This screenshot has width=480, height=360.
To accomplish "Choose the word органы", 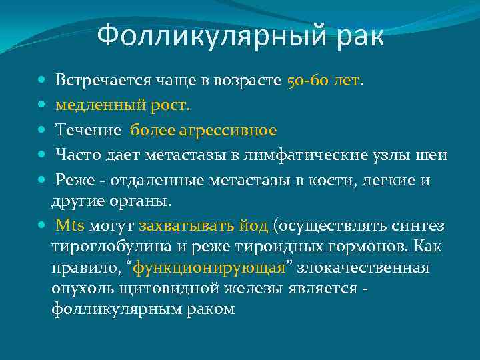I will [x=143, y=201].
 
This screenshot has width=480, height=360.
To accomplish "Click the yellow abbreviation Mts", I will [x=71, y=225].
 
